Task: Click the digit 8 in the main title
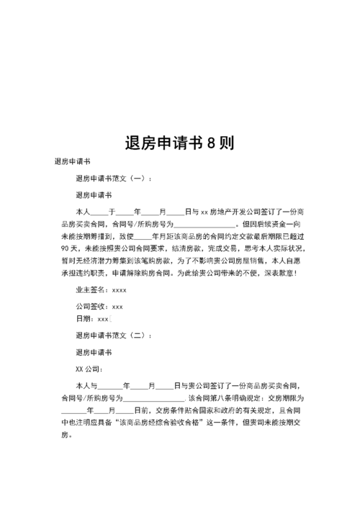pyautogui.click(x=210, y=142)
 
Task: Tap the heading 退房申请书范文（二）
pyautogui.click(x=114, y=335)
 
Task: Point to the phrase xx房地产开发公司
pyautogui.click(x=235, y=213)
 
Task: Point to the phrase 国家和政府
pyautogui.click(x=209, y=411)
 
